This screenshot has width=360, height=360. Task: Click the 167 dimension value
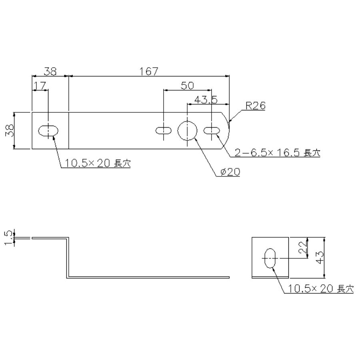click(149, 71)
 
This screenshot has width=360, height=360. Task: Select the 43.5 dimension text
click(206, 100)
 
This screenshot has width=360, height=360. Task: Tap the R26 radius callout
click(256, 106)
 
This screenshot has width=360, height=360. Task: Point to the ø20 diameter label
click(230, 172)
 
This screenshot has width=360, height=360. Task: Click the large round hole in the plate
click(187, 131)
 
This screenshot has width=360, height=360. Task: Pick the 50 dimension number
click(187, 86)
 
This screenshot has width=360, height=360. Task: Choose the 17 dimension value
click(40, 86)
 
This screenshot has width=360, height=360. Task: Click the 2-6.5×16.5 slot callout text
click(277, 152)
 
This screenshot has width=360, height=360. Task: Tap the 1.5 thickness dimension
click(9, 238)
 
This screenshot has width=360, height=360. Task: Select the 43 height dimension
click(320, 257)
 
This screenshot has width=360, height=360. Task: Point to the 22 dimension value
click(303, 247)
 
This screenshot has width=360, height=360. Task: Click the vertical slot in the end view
click(270, 258)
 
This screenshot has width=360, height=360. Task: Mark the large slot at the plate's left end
click(48, 131)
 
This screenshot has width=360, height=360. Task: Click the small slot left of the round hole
click(163, 131)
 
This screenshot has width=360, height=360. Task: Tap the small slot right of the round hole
click(212, 131)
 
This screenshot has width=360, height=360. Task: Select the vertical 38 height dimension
click(10, 130)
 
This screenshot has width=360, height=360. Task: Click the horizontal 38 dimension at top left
click(50, 71)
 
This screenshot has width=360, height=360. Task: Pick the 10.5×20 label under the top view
click(98, 163)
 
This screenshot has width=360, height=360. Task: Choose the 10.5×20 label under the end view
click(321, 288)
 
